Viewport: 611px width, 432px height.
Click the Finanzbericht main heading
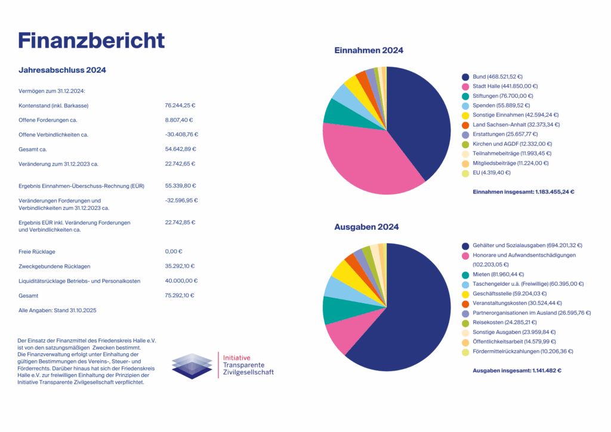[x=91, y=39]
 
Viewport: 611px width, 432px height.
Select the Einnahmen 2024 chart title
[x=368, y=51]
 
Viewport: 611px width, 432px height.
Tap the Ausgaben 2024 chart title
[x=366, y=227]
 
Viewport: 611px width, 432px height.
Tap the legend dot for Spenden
[x=465, y=106]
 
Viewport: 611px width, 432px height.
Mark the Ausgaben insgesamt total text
[x=517, y=371]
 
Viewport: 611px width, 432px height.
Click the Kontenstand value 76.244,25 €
[x=180, y=106]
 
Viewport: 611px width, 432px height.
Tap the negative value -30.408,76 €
[x=181, y=134]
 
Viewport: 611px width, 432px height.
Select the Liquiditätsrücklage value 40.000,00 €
[x=181, y=280]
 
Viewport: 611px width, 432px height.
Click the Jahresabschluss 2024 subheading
[x=63, y=70]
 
